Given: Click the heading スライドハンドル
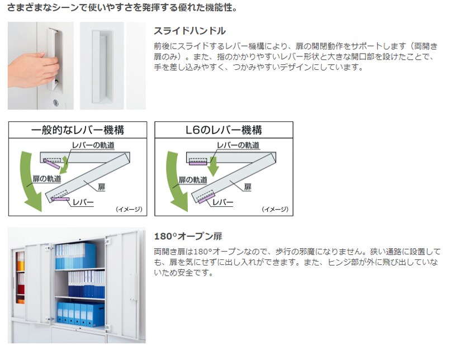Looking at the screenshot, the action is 190,31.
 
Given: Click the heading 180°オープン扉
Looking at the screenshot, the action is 188,236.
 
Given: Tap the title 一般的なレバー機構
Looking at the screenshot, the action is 78,130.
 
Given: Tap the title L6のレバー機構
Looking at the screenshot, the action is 224,130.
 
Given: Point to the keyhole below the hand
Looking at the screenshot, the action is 56,103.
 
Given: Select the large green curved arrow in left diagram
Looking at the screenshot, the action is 31,181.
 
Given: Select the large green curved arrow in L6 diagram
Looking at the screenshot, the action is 177,181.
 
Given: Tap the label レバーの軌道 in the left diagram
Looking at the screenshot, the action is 93,145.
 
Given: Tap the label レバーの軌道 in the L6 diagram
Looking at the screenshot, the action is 238,145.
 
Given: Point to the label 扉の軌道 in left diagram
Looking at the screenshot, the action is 47,179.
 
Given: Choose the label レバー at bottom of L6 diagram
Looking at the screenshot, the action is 223,202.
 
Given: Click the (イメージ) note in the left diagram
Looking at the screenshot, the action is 129,210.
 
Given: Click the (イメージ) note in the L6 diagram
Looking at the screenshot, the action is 275,210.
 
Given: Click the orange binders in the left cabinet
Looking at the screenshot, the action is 21,266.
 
